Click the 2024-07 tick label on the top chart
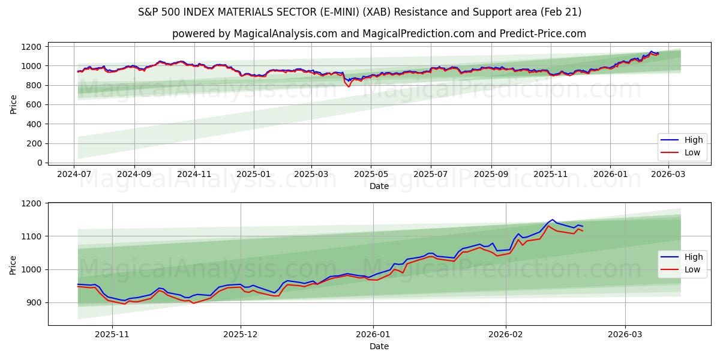[74, 175]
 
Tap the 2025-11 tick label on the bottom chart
[112, 335]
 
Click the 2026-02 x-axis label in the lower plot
[506, 335]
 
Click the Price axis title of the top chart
[13, 103]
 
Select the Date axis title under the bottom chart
[378, 346]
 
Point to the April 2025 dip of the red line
[349, 86]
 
